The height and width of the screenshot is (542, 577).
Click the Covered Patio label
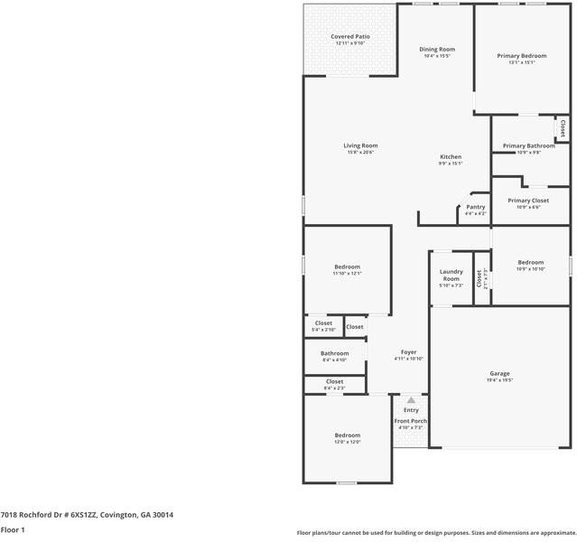349,36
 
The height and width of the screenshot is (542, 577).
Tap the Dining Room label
437,49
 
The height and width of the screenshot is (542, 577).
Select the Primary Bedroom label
522,55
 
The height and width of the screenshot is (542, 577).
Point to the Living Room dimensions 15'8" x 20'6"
360,153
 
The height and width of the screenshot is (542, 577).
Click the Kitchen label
451,156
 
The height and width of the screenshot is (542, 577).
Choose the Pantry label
476,207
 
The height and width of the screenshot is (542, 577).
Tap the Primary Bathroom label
528,145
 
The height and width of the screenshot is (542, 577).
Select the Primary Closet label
528,201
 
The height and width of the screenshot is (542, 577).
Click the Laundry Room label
451,275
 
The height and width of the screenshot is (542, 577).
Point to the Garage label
499,373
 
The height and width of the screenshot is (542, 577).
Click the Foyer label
409,351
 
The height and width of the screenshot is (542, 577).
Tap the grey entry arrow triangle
411,399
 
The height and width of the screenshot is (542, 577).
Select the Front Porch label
411,421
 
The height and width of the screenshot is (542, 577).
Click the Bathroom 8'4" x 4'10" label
334,353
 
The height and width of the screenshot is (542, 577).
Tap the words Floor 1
13,529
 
